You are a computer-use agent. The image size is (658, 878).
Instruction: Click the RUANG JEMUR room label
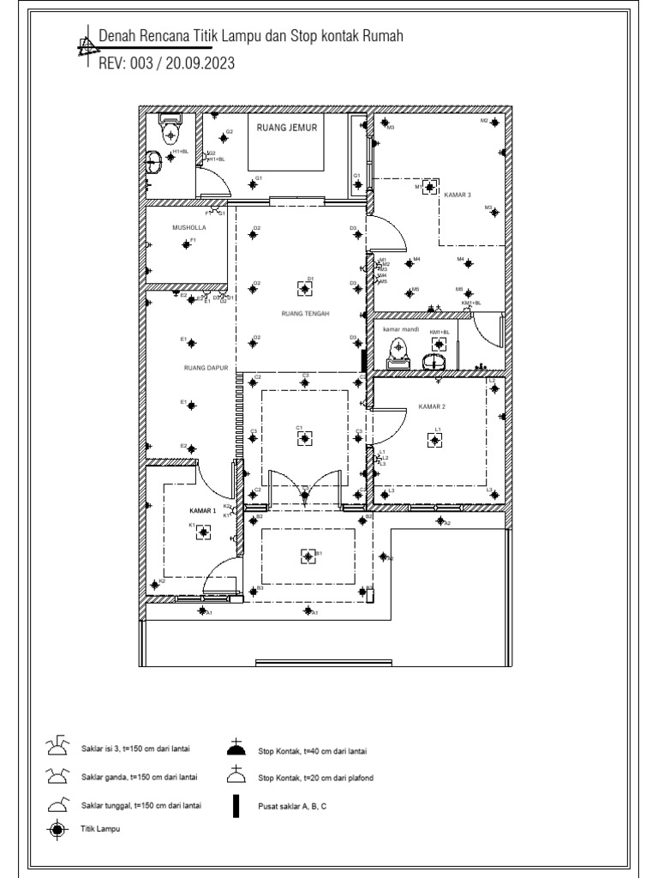(x=287, y=128)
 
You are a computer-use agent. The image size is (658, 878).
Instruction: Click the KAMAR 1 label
(x=201, y=510)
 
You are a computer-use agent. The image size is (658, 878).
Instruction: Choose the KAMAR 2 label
(x=433, y=406)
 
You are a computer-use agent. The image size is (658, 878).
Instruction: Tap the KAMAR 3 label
(x=458, y=195)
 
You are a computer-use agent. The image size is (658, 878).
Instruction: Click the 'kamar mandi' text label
(x=398, y=329)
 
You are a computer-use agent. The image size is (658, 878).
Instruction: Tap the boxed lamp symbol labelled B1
(x=308, y=556)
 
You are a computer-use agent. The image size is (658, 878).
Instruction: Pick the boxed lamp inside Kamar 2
(x=436, y=440)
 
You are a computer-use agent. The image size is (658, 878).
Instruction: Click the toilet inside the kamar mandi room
(x=399, y=350)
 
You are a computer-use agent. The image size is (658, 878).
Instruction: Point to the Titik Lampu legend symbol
(x=57, y=829)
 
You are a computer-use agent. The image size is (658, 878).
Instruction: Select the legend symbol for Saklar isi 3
(x=57, y=746)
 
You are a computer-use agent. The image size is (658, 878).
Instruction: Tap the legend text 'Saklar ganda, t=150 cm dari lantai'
(x=140, y=778)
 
